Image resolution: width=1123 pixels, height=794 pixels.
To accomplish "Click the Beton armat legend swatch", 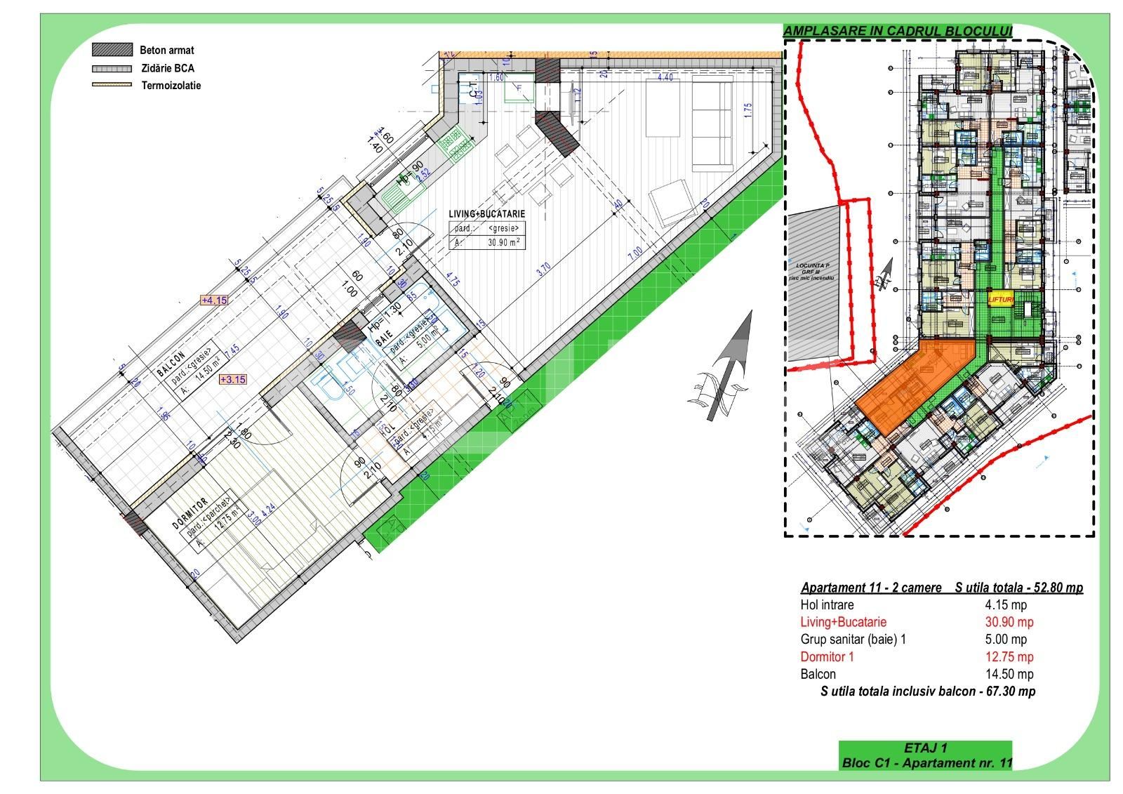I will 112,50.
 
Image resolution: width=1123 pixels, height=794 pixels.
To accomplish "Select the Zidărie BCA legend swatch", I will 112,69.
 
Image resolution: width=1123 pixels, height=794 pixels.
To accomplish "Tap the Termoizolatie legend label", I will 171,86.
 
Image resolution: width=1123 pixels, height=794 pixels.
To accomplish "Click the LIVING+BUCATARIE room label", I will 487,214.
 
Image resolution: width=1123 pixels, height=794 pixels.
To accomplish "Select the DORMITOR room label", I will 190,515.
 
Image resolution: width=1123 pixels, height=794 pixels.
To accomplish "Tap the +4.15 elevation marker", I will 214,300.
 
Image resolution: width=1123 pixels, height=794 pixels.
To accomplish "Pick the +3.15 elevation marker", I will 233,379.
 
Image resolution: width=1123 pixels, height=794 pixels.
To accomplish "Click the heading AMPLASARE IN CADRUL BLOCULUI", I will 898,31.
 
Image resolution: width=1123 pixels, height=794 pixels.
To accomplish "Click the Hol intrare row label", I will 827,604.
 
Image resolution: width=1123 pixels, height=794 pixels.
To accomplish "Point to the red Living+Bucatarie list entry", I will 843,622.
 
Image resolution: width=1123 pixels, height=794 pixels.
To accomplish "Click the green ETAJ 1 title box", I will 926,755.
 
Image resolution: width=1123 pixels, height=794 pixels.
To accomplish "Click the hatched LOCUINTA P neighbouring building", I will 813,281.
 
